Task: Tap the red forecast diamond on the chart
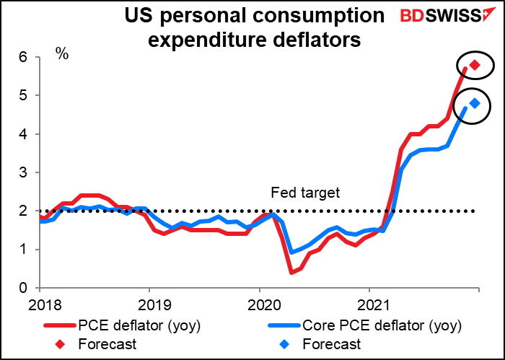coord(475,65)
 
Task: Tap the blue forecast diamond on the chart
coord(475,103)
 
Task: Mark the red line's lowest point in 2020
coord(291,272)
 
